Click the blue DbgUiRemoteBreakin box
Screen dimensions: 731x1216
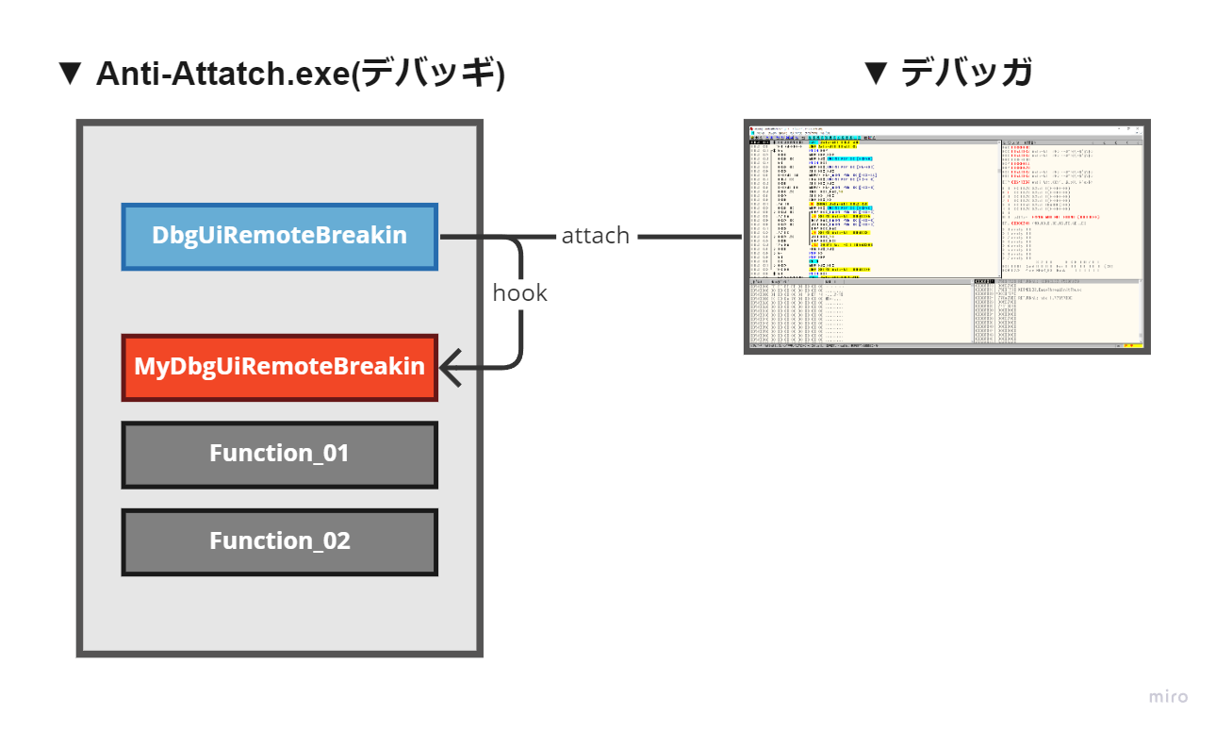click(x=280, y=237)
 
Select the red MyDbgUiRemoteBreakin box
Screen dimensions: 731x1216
click(x=280, y=367)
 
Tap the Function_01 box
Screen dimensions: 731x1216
click(x=280, y=454)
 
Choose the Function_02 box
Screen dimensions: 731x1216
click(x=280, y=541)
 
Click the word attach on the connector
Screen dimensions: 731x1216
click(x=595, y=236)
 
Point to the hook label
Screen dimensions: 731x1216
click(x=519, y=293)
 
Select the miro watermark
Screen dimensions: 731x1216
click(x=1168, y=697)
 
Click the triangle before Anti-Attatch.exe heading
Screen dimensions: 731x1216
click(x=71, y=74)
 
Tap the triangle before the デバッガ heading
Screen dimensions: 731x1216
click(x=876, y=74)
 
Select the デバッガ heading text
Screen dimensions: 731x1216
click(x=967, y=74)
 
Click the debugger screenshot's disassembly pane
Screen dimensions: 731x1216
click(x=872, y=208)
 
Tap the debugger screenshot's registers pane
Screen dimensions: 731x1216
click(x=1070, y=208)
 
